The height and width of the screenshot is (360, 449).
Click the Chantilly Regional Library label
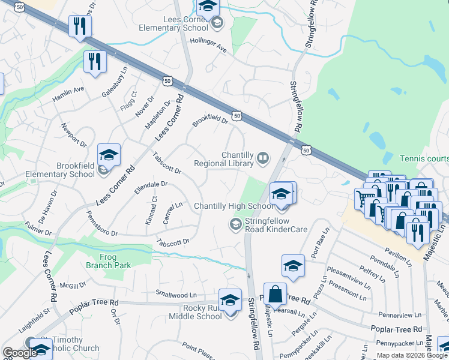pos(225,159)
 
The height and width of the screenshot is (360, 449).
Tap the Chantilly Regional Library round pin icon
pos(263,158)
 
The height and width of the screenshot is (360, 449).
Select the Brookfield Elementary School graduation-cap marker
pos(109,155)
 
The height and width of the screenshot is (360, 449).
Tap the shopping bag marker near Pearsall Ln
pos(274,295)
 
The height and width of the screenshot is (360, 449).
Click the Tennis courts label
pos(424,158)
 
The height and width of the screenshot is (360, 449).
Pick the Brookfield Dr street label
pos(210,121)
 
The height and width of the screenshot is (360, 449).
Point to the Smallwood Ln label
pos(176,295)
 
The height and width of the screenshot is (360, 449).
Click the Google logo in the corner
pos(20,353)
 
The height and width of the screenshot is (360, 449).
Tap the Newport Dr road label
pos(74,135)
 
